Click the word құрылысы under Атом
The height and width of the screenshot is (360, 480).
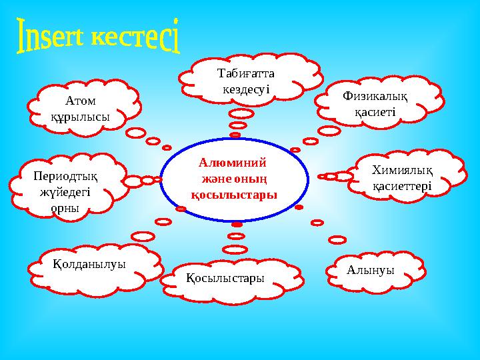pyautogui.click(x=81, y=116)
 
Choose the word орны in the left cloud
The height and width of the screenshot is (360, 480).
pyautogui.click(x=65, y=207)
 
